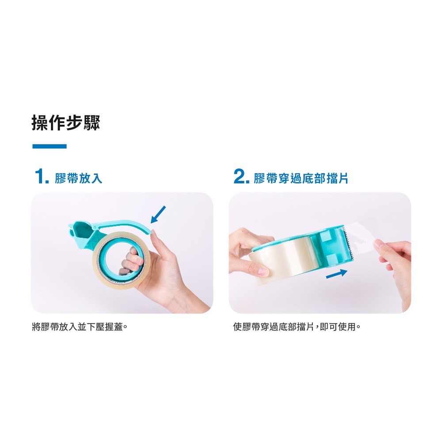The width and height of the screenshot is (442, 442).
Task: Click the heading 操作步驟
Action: click(66, 123)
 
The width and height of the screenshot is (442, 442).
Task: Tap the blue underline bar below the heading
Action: click(50, 146)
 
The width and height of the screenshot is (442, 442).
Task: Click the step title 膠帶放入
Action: click(79, 178)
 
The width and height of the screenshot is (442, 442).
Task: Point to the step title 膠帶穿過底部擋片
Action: click(301, 178)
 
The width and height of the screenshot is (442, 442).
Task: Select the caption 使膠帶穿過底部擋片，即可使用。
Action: click(297, 327)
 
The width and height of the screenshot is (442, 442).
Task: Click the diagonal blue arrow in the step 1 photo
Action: click(158, 214)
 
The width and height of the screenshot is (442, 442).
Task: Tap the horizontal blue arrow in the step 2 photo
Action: click(336, 274)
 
